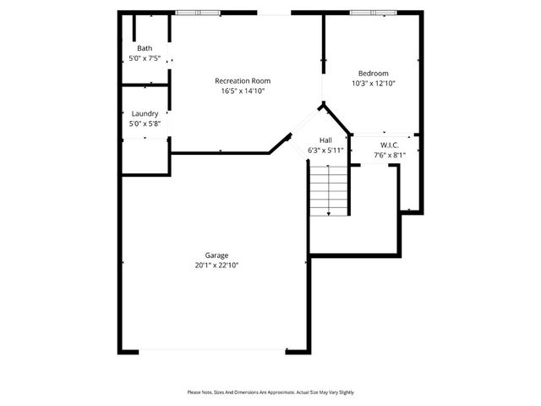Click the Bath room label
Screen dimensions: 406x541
(x=145, y=48)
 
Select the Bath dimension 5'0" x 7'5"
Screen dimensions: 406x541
(x=145, y=58)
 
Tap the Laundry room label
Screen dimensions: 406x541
(x=145, y=113)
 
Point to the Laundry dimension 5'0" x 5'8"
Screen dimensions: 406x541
(x=145, y=123)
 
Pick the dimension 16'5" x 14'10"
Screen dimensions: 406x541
(x=243, y=91)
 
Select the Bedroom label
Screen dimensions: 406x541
(x=373, y=73)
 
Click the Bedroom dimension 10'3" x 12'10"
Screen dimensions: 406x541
(x=373, y=83)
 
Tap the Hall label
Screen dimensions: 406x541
(x=325, y=140)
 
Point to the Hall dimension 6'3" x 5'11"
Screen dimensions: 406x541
(x=325, y=150)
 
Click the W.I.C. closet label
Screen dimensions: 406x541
(x=390, y=145)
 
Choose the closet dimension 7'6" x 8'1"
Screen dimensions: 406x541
(x=390, y=155)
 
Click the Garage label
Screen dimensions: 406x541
(x=216, y=255)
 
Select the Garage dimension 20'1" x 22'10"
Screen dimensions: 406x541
(x=216, y=265)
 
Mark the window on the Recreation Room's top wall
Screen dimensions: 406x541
(x=195, y=12)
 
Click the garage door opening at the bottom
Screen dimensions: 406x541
(x=212, y=351)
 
